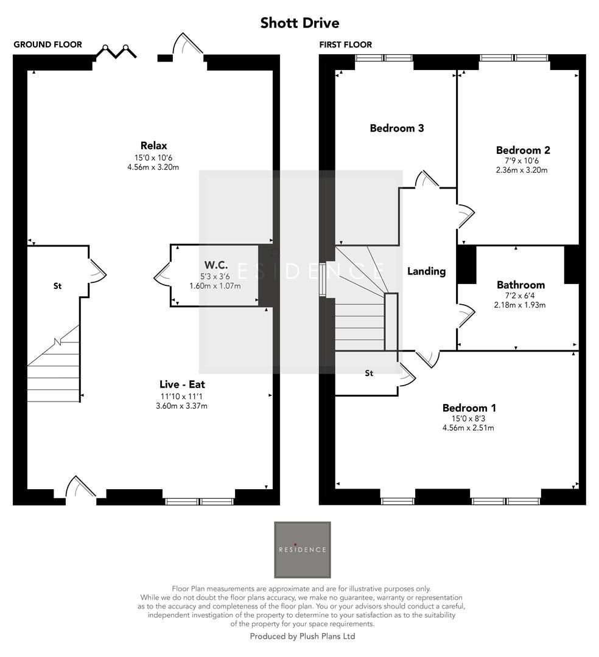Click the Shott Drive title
[299, 23]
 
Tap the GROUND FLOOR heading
[47, 44]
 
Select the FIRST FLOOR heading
[345, 44]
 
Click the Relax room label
[153, 145]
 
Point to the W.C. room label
[216, 265]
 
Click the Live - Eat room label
[186, 384]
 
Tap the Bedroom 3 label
[397, 128]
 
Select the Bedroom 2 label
[523, 150]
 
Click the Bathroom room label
[520, 285]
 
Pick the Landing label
[426, 271]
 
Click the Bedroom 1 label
[464, 408]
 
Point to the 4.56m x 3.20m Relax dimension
[153, 167]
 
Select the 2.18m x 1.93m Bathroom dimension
[520, 305]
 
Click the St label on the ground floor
[58, 285]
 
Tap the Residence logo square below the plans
[303, 549]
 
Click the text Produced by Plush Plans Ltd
[303, 636]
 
